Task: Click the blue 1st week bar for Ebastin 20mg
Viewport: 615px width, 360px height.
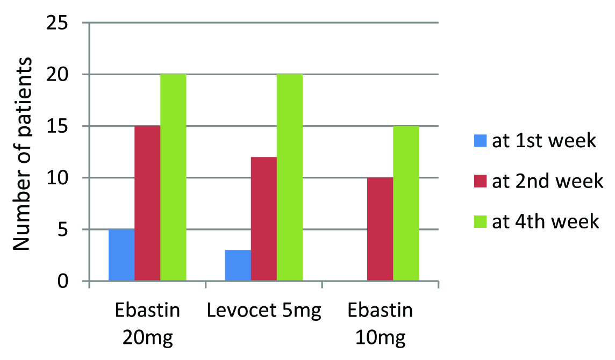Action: (x=121, y=255)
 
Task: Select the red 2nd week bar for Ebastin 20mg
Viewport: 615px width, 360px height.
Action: (x=147, y=204)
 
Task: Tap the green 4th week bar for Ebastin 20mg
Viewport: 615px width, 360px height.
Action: (x=173, y=178)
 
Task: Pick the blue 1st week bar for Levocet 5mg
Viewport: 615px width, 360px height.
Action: (x=238, y=265)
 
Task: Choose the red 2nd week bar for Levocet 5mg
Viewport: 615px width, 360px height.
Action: (x=263, y=219)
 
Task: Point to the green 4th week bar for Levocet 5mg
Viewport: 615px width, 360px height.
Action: (x=290, y=178)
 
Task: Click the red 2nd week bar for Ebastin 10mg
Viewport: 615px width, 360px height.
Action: (x=380, y=229)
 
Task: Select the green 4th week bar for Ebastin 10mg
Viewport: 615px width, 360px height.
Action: (x=406, y=204)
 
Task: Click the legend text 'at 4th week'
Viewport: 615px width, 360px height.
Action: (x=545, y=221)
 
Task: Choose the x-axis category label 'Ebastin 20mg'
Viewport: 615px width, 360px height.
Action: (x=147, y=325)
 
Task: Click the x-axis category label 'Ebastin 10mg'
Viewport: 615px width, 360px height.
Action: (x=380, y=325)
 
